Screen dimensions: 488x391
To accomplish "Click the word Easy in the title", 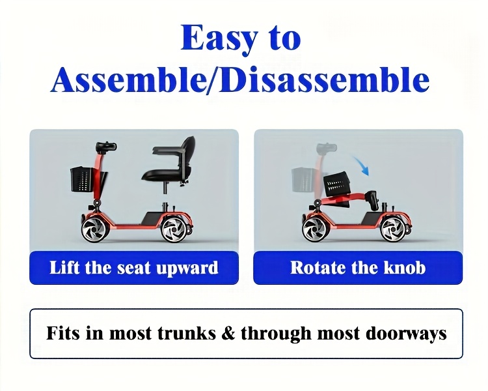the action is pyautogui.click(x=219, y=39).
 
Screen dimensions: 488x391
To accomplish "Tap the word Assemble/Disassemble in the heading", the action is pyautogui.click(x=240, y=80).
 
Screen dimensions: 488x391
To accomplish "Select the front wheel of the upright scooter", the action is pyautogui.click(x=93, y=229).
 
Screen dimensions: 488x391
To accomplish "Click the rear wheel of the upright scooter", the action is pyautogui.click(x=173, y=229).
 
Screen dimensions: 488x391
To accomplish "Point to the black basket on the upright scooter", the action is pyautogui.click(x=82, y=179).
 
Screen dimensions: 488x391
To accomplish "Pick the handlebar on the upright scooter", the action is pyautogui.click(x=106, y=146).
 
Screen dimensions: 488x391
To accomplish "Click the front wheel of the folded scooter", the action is pyautogui.click(x=314, y=229).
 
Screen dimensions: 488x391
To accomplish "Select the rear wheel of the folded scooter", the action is pyautogui.click(x=393, y=230).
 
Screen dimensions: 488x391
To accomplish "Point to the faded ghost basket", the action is pyautogui.click(x=303, y=180).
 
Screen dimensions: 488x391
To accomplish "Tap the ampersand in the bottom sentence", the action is pyautogui.click(x=228, y=333).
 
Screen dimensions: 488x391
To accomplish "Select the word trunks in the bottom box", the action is pyautogui.click(x=187, y=333).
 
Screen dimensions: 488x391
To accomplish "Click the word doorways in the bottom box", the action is pyautogui.click(x=406, y=334).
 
